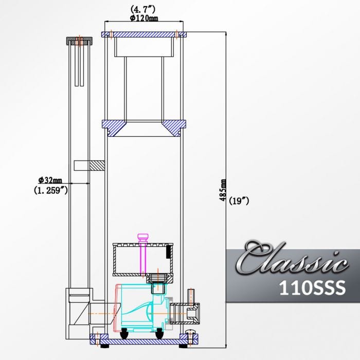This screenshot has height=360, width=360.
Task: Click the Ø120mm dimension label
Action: tap(144, 18)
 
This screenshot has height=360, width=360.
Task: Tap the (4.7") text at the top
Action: tap(144, 9)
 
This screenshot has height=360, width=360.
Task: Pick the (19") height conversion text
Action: tap(240, 201)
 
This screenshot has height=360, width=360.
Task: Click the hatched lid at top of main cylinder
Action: tap(144, 34)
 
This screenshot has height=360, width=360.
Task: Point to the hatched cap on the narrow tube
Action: tap(79, 40)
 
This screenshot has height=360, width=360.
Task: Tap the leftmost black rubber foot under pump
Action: tap(124, 335)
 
